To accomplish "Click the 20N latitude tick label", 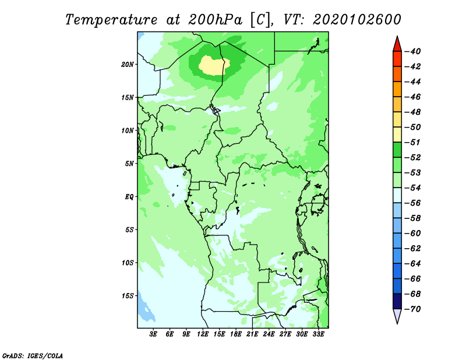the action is coord(127,65).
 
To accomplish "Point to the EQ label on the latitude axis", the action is coord(129,197).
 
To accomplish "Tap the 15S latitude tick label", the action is coord(128,296).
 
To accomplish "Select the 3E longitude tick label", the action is coord(153,334).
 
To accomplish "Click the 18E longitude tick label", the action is coord(236,334).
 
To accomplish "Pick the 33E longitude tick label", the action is coord(318,334).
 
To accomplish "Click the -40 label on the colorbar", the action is coord(412,51).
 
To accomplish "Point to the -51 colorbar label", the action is coord(412,142).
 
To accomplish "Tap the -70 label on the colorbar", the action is coord(412,309).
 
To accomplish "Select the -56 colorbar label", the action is coord(412,203).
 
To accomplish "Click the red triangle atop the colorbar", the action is coord(397,45).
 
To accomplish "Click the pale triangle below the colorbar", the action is coord(397,316).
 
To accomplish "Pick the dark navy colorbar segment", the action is coord(397,301).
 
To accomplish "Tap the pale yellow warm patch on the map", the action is coord(214,65).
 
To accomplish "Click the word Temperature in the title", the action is coord(111,20).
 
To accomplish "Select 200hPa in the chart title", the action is coord(216,20).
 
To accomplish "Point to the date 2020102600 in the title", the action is coord(357,20).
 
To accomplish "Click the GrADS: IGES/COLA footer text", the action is coord(33,355).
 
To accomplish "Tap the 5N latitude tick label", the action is coord(129,164).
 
